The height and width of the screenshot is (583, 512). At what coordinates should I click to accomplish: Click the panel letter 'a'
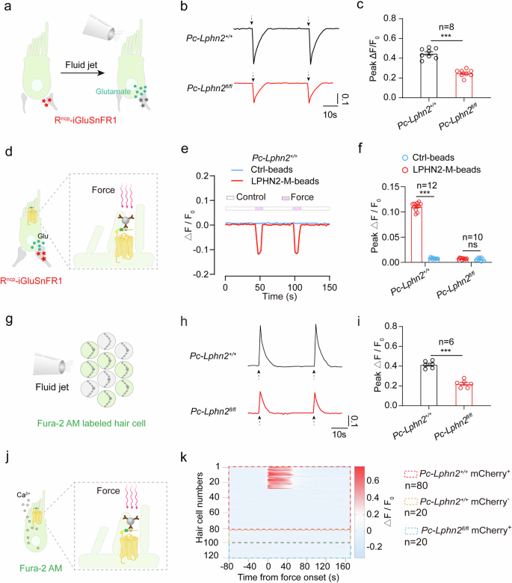click(x=7, y=7)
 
